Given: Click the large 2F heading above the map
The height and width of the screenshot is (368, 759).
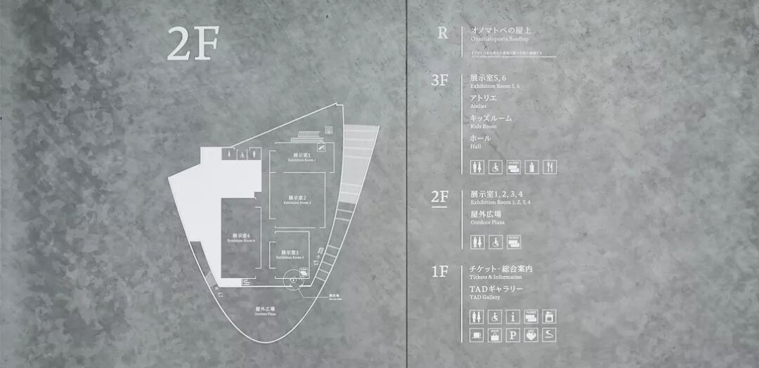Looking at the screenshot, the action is coord(193,44).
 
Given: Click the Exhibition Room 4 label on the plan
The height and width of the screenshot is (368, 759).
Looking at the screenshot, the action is coord(241,237).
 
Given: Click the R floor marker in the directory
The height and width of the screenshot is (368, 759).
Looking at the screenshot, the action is coord(442,33).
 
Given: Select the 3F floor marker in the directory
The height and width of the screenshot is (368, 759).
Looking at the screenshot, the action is coord(439,80).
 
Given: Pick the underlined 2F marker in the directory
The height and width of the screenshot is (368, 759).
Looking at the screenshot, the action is coord(439,197).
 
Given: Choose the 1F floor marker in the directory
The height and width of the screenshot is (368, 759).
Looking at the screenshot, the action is coord(439,272).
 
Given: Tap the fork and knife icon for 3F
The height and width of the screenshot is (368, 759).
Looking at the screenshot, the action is coord(550,167).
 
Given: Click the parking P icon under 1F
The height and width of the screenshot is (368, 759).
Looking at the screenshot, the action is coord(513,335).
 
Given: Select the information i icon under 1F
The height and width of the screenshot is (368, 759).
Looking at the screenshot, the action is coord(513,317).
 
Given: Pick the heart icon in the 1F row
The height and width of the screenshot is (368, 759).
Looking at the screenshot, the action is coord(531,335).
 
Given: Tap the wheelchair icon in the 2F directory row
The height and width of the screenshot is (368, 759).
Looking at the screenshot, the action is coord(495,242).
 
